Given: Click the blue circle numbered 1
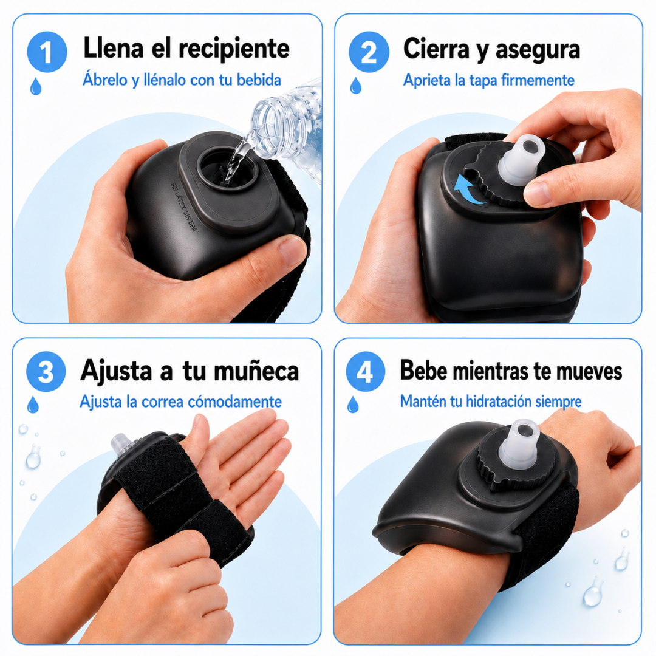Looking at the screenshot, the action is (47, 52).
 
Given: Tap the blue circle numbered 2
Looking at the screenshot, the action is (369, 52).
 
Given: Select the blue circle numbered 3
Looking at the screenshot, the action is (46, 372).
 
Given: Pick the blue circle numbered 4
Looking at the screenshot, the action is (366, 372).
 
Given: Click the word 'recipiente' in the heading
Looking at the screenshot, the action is (234, 49).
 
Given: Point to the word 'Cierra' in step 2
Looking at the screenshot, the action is (436, 49).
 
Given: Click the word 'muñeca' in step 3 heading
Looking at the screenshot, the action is (256, 371).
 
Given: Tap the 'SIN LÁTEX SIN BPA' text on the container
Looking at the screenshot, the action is (183, 207).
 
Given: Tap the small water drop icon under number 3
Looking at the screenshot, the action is (33, 405).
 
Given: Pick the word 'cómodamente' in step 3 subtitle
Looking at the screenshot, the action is (234, 401).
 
